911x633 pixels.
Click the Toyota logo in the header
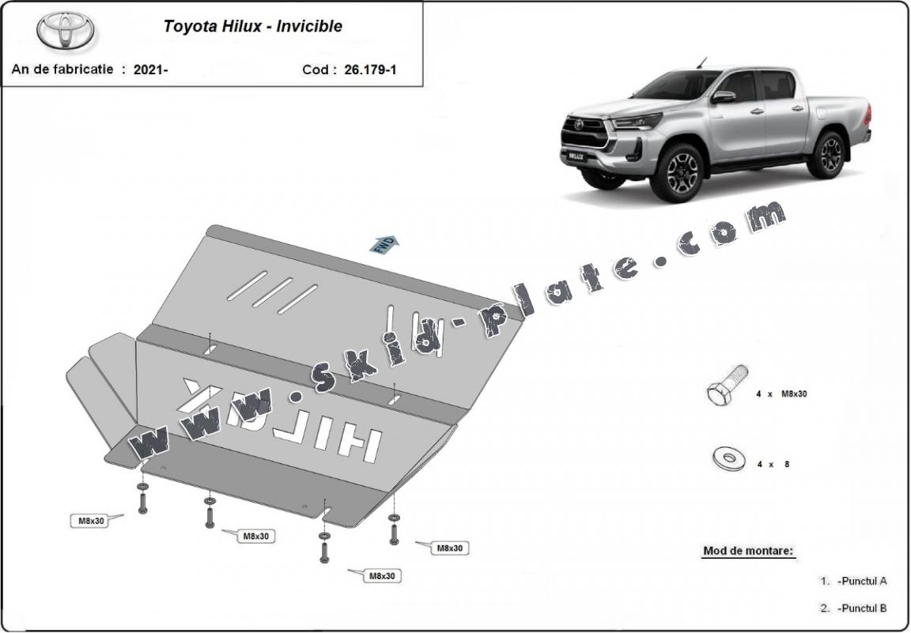pos(66,31)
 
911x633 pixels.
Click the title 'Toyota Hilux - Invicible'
pos(252,26)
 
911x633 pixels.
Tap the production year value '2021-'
pos(150,70)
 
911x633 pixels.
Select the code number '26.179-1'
pos(370,70)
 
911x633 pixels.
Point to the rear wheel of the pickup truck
pos(828,155)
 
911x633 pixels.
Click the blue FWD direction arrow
pos(385,243)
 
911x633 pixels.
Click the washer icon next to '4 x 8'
pos(728,458)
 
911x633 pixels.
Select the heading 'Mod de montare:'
pos(748,551)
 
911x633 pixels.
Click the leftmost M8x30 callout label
pos(91,521)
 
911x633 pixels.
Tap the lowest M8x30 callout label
pos(381,576)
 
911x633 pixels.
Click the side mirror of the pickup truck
pos(723,96)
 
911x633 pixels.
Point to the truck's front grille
pos(584,133)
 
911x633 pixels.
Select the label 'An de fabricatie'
pos(63,70)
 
